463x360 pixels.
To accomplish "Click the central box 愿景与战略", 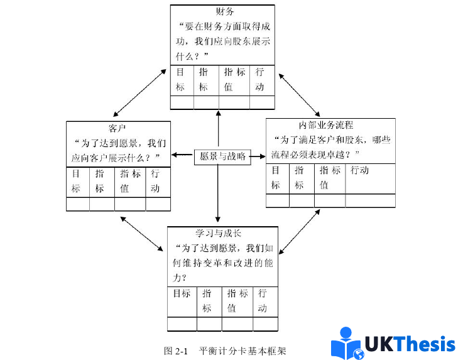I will (222, 156).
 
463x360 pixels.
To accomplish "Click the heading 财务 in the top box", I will (224, 11).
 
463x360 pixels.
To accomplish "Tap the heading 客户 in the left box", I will (119, 128).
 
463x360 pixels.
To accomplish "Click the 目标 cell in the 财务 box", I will (181, 79).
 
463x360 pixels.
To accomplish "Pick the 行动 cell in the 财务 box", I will (260, 79).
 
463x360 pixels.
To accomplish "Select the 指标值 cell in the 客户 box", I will (130, 181).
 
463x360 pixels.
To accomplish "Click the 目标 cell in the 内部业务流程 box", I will (276, 178).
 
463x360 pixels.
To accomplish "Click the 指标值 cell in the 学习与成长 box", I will (237, 301).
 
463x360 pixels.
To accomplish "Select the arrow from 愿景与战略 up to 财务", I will (217, 130).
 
